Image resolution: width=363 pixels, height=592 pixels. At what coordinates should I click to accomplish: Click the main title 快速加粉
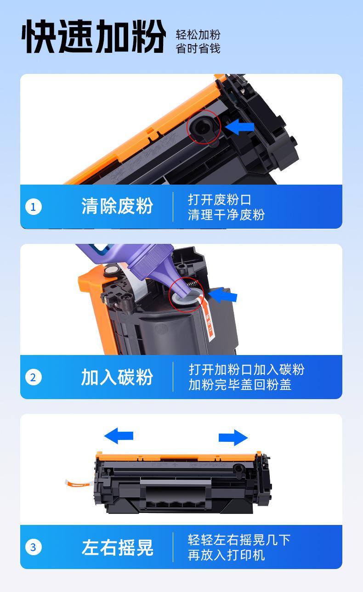tap(94, 36)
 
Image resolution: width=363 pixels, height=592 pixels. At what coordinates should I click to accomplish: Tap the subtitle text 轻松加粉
tap(198, 34)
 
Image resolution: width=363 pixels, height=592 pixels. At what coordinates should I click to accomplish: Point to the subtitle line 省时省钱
tap(198, 49)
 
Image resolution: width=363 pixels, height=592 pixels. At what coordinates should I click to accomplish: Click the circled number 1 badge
tap(34, 206)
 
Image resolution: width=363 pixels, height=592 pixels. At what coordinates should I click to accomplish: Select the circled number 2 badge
tap(34, 377)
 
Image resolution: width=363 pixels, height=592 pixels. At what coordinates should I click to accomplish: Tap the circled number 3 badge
tap(34, 547)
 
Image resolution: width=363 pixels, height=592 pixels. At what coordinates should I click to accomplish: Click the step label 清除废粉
tap(117, 206)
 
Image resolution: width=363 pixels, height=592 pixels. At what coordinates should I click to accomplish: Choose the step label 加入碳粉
tap(117, 377)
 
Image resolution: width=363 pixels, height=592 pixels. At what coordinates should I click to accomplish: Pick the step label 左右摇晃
tap(117, 547)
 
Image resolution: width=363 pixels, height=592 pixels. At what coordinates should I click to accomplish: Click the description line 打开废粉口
tap(220, 199)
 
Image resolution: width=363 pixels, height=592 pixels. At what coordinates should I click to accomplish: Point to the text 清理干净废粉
tap(227, 214)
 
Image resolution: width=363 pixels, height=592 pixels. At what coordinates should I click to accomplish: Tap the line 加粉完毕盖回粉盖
tap(240, 384)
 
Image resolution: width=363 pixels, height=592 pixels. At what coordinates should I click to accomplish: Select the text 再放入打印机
tap(227, 555)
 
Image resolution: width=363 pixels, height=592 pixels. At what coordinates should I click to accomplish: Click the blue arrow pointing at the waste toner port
tap(239, 127)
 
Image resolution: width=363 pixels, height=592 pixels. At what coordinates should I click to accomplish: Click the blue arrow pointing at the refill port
tap(223, 295)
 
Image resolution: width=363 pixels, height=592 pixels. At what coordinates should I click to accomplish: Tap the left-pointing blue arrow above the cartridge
tap(119, 436)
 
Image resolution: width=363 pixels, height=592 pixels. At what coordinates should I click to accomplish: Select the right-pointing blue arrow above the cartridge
tap(233, 437)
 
